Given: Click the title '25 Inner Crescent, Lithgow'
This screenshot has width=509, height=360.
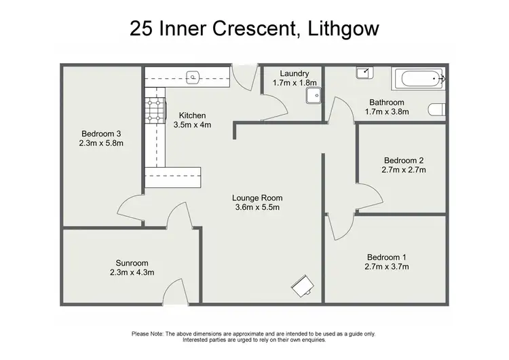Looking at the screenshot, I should coord(254,29).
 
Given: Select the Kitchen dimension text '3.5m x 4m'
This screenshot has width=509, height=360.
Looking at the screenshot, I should coord(193,125).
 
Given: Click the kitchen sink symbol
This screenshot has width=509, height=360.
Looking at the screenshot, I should coord(193,77).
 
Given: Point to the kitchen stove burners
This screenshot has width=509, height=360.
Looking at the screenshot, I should coord(153,109).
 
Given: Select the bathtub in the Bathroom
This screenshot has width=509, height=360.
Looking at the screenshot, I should coord(417,80).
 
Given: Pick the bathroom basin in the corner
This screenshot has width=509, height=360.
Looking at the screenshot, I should coord(364,73).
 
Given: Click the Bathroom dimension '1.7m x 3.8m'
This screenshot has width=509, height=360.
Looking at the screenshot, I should coord(388,112).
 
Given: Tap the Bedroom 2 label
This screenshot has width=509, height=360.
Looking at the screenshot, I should coord(403,160).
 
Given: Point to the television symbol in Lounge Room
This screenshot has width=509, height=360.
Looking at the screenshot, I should coord(303,287).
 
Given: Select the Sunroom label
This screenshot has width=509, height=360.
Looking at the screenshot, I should coord(132,263).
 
